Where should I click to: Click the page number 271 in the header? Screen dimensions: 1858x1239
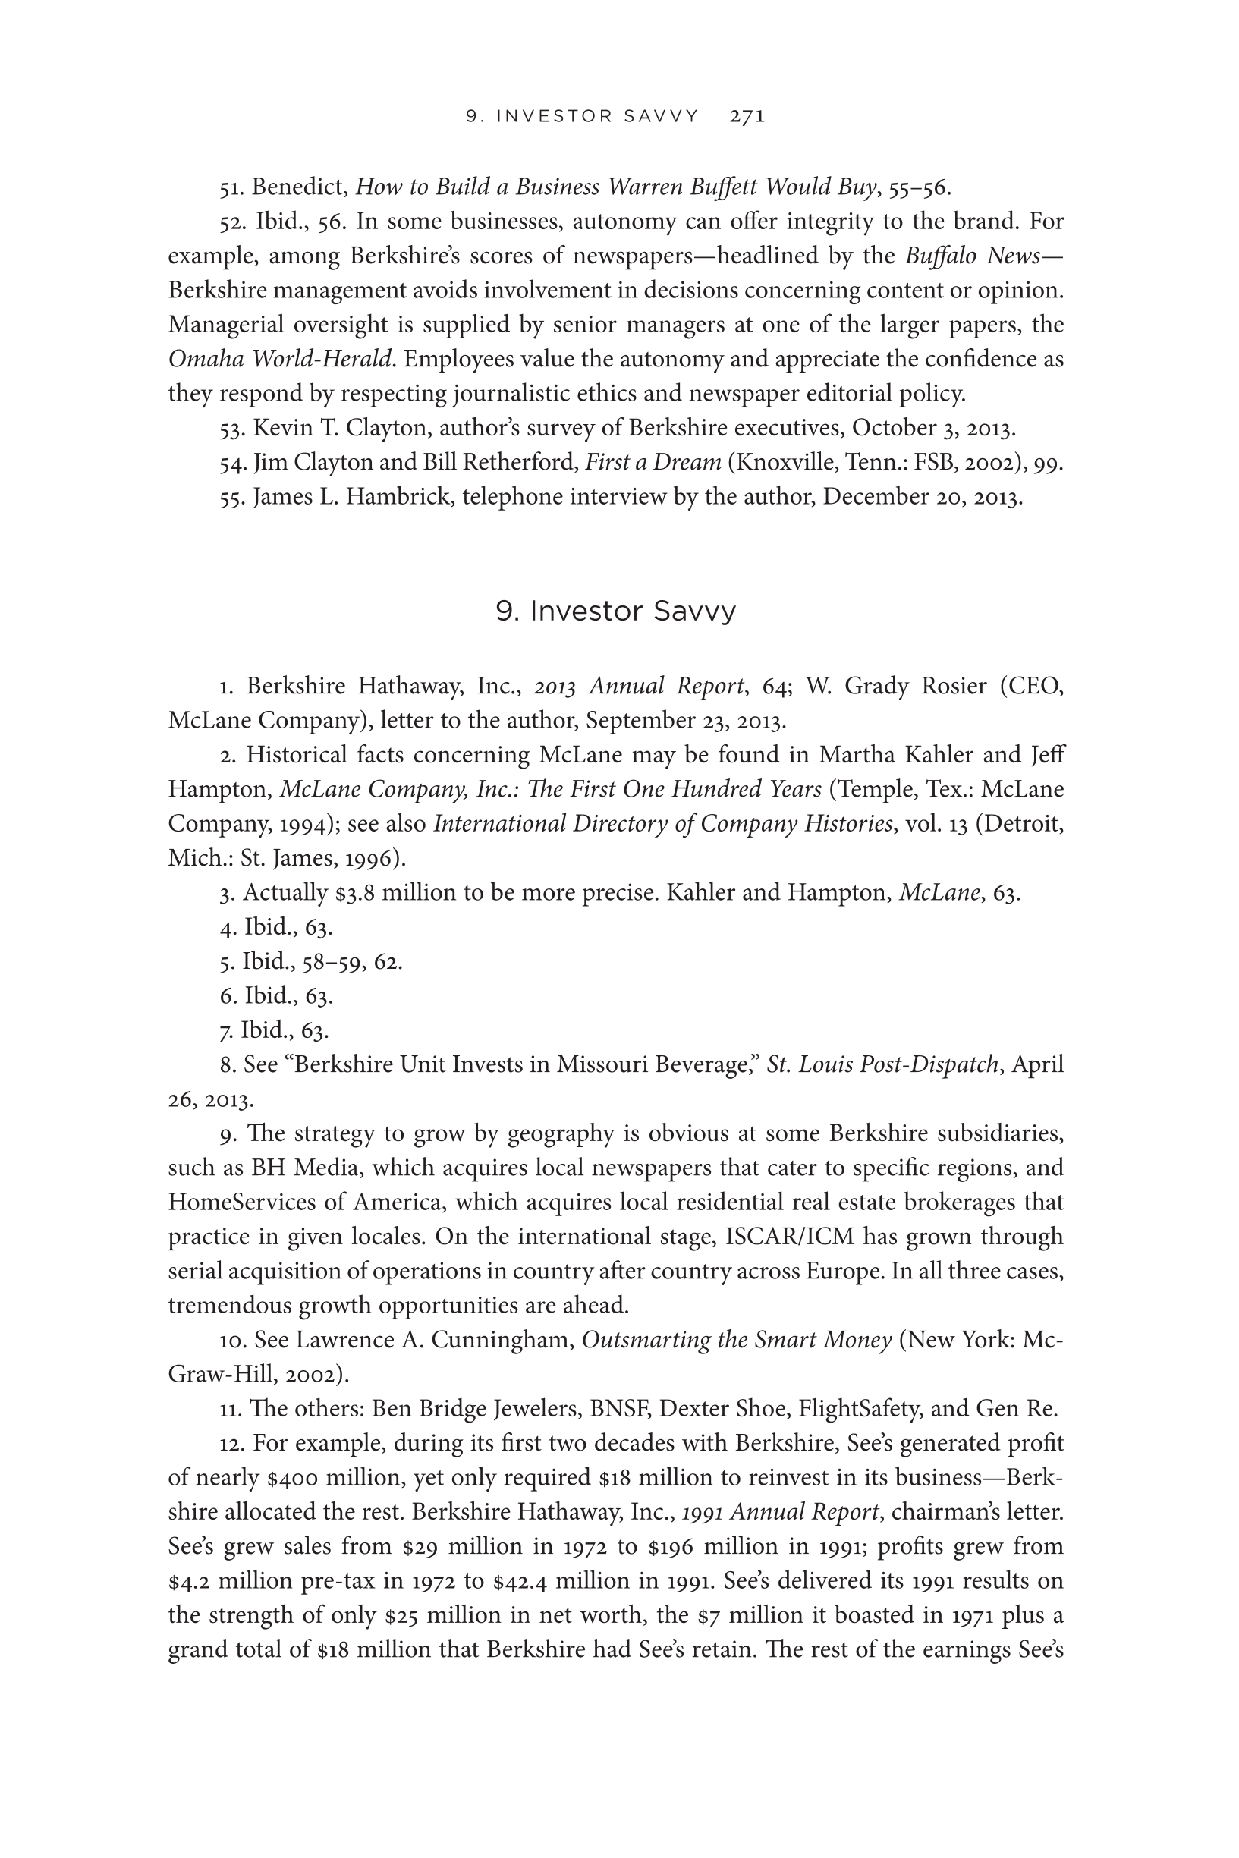(747, 117)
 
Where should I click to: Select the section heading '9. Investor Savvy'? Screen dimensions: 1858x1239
(615, 611)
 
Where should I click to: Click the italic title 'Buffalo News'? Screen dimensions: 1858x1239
(980, 256)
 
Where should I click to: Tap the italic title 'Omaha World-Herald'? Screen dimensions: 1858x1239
(280, 360)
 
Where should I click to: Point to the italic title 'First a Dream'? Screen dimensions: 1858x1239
(653, 462)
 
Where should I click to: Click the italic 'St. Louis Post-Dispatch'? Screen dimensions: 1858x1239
(882, 1065)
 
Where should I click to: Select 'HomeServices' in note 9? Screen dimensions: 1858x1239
(243, 1203)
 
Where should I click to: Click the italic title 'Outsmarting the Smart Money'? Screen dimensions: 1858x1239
(737, 1340)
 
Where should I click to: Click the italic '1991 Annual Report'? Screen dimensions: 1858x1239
(780, 1512)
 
